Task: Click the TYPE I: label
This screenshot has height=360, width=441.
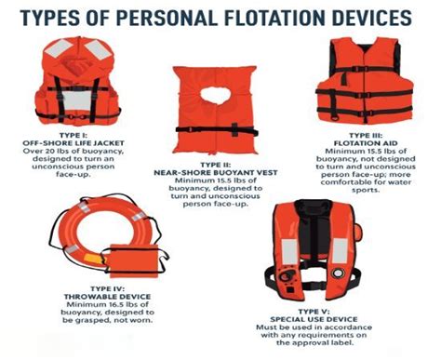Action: (x=73, y=135)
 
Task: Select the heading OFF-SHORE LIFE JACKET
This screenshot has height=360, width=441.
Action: (x=73, y=143)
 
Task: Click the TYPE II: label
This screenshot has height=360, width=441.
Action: (x=216, y=165)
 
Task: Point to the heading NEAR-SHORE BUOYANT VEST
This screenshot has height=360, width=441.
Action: (x=216, y=173)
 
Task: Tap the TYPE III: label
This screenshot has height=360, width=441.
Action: (x=366, y=136)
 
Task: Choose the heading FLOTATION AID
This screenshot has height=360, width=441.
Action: (x=366, y=143)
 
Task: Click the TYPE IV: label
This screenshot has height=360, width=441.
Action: (x=108, y=288)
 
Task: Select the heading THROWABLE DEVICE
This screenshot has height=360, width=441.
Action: (x=108, y=297)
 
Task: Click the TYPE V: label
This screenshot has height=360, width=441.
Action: (x=314, y=312)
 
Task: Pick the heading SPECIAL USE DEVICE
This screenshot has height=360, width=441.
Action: (x=314, y=319)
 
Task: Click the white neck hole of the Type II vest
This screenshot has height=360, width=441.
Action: (x=216, y=95)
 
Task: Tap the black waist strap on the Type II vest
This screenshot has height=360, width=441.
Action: (x=217, y=130)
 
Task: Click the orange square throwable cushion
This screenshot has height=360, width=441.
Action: (x=133, y=260)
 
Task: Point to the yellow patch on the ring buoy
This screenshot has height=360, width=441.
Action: (x=94, y=259)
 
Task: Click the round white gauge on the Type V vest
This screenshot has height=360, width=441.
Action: (x=338, y=273)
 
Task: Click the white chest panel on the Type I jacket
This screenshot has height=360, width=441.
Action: (x=77, y=100)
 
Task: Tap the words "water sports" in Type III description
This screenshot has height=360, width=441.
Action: (x=381, y=186)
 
